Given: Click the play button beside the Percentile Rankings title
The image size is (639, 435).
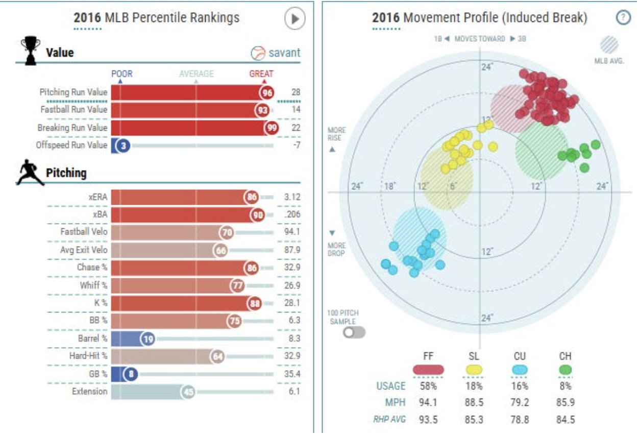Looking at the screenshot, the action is pyautogui.click(x=294, y=18).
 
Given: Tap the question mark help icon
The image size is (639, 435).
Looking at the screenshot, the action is pyautogui.click(x=623, y=18).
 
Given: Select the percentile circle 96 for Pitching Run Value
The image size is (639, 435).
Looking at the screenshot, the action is pyautogui.click(x=267, y=92).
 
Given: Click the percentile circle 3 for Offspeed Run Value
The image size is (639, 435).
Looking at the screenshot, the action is pyautogui.click(x=123, y=146).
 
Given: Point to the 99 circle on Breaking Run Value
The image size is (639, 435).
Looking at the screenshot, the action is pyautogui.click(x=272, y=128).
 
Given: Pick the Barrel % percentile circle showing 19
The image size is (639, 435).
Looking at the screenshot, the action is pyautogui.click(x=148, y=339).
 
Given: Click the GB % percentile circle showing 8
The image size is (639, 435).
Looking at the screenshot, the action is pyautogui.click(x=131, y=374).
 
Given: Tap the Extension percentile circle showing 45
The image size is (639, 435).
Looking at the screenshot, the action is pyautogui.click(x=188, y=392).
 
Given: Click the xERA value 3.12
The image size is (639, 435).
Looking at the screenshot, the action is pyautogui.click(x=292, y=197).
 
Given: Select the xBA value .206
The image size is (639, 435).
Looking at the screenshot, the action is pyautogui.click(x=292, y=214).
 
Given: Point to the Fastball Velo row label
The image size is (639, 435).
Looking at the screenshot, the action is pyautogui.click(x=84, y=231).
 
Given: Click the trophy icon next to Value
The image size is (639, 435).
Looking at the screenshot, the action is pyautogui.click(x=30, y=51).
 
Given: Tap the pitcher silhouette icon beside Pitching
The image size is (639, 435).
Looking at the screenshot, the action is pyautogui.click(x=30, y=173).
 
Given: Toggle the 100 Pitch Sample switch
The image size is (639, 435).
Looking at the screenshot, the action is pyautogui.click(x=354, y=332).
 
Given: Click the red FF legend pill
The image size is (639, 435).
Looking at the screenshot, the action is pyautogui.click(x=428, y=370).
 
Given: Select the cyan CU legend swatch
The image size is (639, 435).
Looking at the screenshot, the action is pyautogui.click(x=520, y=370).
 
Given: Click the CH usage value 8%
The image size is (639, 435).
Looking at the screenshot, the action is pyautogui.click(x=565, y=386).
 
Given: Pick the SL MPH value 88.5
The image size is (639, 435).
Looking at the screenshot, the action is pyautogui.click(x=474, y=402).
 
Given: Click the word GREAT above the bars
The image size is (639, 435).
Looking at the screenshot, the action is pyautogui.click(x=261, y=74).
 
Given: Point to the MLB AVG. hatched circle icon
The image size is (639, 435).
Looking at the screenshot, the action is pyautogui.click(x=609, y=45).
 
